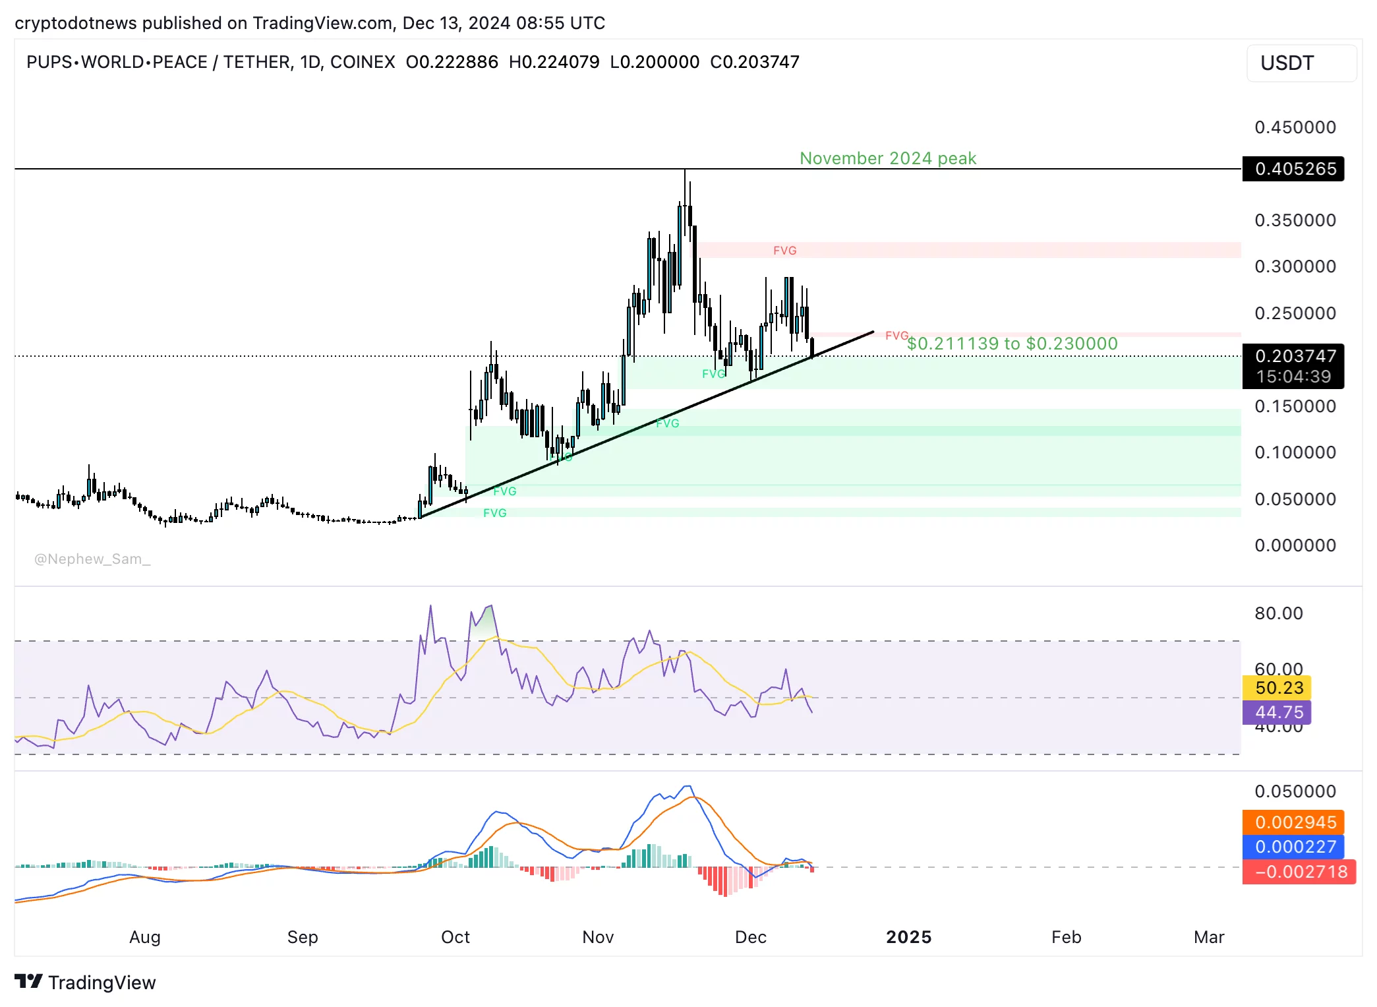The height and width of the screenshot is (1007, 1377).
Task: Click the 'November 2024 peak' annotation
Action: tap(887, 158)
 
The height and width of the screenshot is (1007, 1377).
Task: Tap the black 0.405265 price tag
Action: tap(1295, 169)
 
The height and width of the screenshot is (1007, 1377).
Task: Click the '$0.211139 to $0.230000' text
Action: tap(1012, 344)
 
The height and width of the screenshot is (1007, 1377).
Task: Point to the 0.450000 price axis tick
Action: tap(1295, 127)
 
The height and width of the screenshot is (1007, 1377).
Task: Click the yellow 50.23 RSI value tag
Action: tap(1278, 688)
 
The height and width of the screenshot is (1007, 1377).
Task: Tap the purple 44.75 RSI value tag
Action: tap(1278, 712)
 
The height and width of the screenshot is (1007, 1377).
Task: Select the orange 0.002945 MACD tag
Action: tap(1295, 822)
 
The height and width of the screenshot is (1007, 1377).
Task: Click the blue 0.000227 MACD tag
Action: tap(1295, 847)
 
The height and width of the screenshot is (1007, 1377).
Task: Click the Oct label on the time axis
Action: tap(455, 937)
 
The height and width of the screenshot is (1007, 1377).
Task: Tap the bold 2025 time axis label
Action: tap(908, 937)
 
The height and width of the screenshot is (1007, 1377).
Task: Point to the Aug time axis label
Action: tap(145, 937)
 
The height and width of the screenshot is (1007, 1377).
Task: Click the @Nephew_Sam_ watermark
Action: tap(92, 559)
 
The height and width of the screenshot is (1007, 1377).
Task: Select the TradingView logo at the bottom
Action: tap(85, 983)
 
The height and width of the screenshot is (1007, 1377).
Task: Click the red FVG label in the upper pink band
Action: tap(784, 251)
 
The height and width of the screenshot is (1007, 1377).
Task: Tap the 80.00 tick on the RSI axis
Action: tap(1278, 613)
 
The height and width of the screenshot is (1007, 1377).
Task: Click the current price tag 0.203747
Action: tap(1295, 357)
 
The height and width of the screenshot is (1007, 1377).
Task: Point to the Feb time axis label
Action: tap(1066, 937)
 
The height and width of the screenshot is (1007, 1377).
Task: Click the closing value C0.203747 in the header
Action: tap(754, 62)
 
